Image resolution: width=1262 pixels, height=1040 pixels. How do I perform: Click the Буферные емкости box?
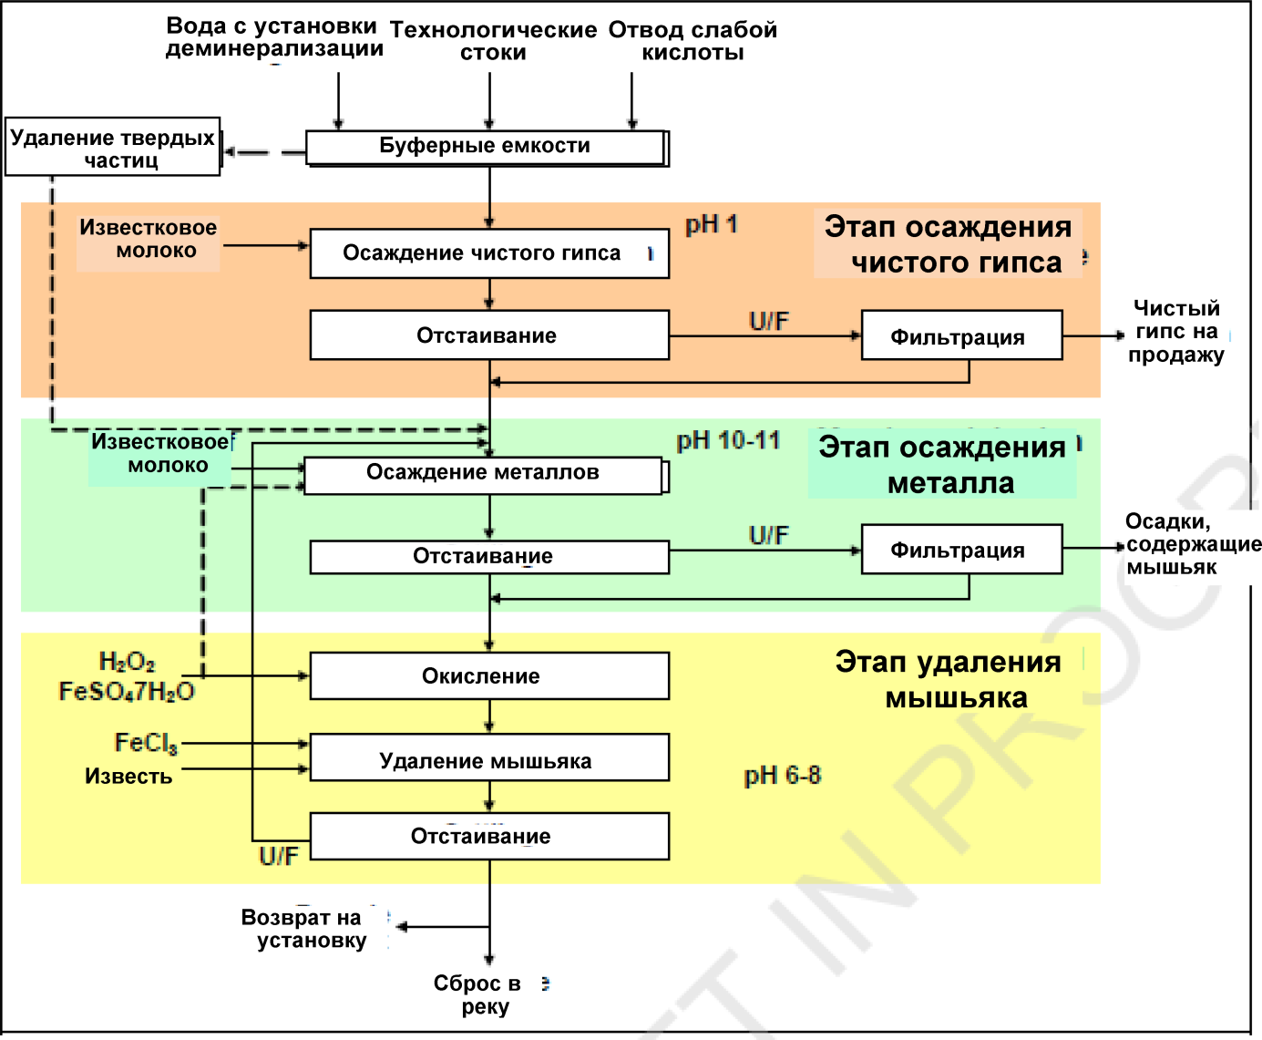pos(485,147)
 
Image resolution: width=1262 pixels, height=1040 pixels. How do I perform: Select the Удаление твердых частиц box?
pos(113,148)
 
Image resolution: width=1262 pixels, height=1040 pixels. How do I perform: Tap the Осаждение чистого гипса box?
pos(489,253)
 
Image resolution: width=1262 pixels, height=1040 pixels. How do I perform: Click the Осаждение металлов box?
pos(483,474)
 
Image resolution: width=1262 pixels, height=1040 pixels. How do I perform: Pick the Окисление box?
pos(489,676)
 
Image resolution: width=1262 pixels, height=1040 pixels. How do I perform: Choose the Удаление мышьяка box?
pos(489,759)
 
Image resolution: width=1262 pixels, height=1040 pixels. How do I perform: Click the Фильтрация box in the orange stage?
pos(961,336)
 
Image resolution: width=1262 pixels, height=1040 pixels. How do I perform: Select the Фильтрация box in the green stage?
pos(961,550)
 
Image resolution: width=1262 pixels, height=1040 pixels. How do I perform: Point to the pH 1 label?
pos(712,224)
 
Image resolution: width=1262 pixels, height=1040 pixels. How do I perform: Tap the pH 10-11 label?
pos(728,441)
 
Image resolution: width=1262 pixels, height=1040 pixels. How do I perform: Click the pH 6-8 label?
pos(782,776)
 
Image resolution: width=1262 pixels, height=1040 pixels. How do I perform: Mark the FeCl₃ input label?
pos(146,744)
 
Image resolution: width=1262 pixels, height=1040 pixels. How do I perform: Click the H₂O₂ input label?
pos(127,662)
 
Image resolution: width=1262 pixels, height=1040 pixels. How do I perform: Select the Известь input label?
pos(128,777)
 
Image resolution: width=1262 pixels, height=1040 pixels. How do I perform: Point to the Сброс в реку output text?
pos(483,994)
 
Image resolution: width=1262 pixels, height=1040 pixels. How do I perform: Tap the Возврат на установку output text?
pos(304,929)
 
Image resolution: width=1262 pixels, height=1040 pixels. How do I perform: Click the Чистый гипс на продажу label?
pos(1176,332)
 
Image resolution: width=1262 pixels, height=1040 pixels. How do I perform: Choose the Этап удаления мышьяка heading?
pos(949,680)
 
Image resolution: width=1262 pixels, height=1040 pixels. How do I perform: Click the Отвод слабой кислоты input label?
pos(693,41)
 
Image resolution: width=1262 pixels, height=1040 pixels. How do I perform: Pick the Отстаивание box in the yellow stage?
pos(489,837)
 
